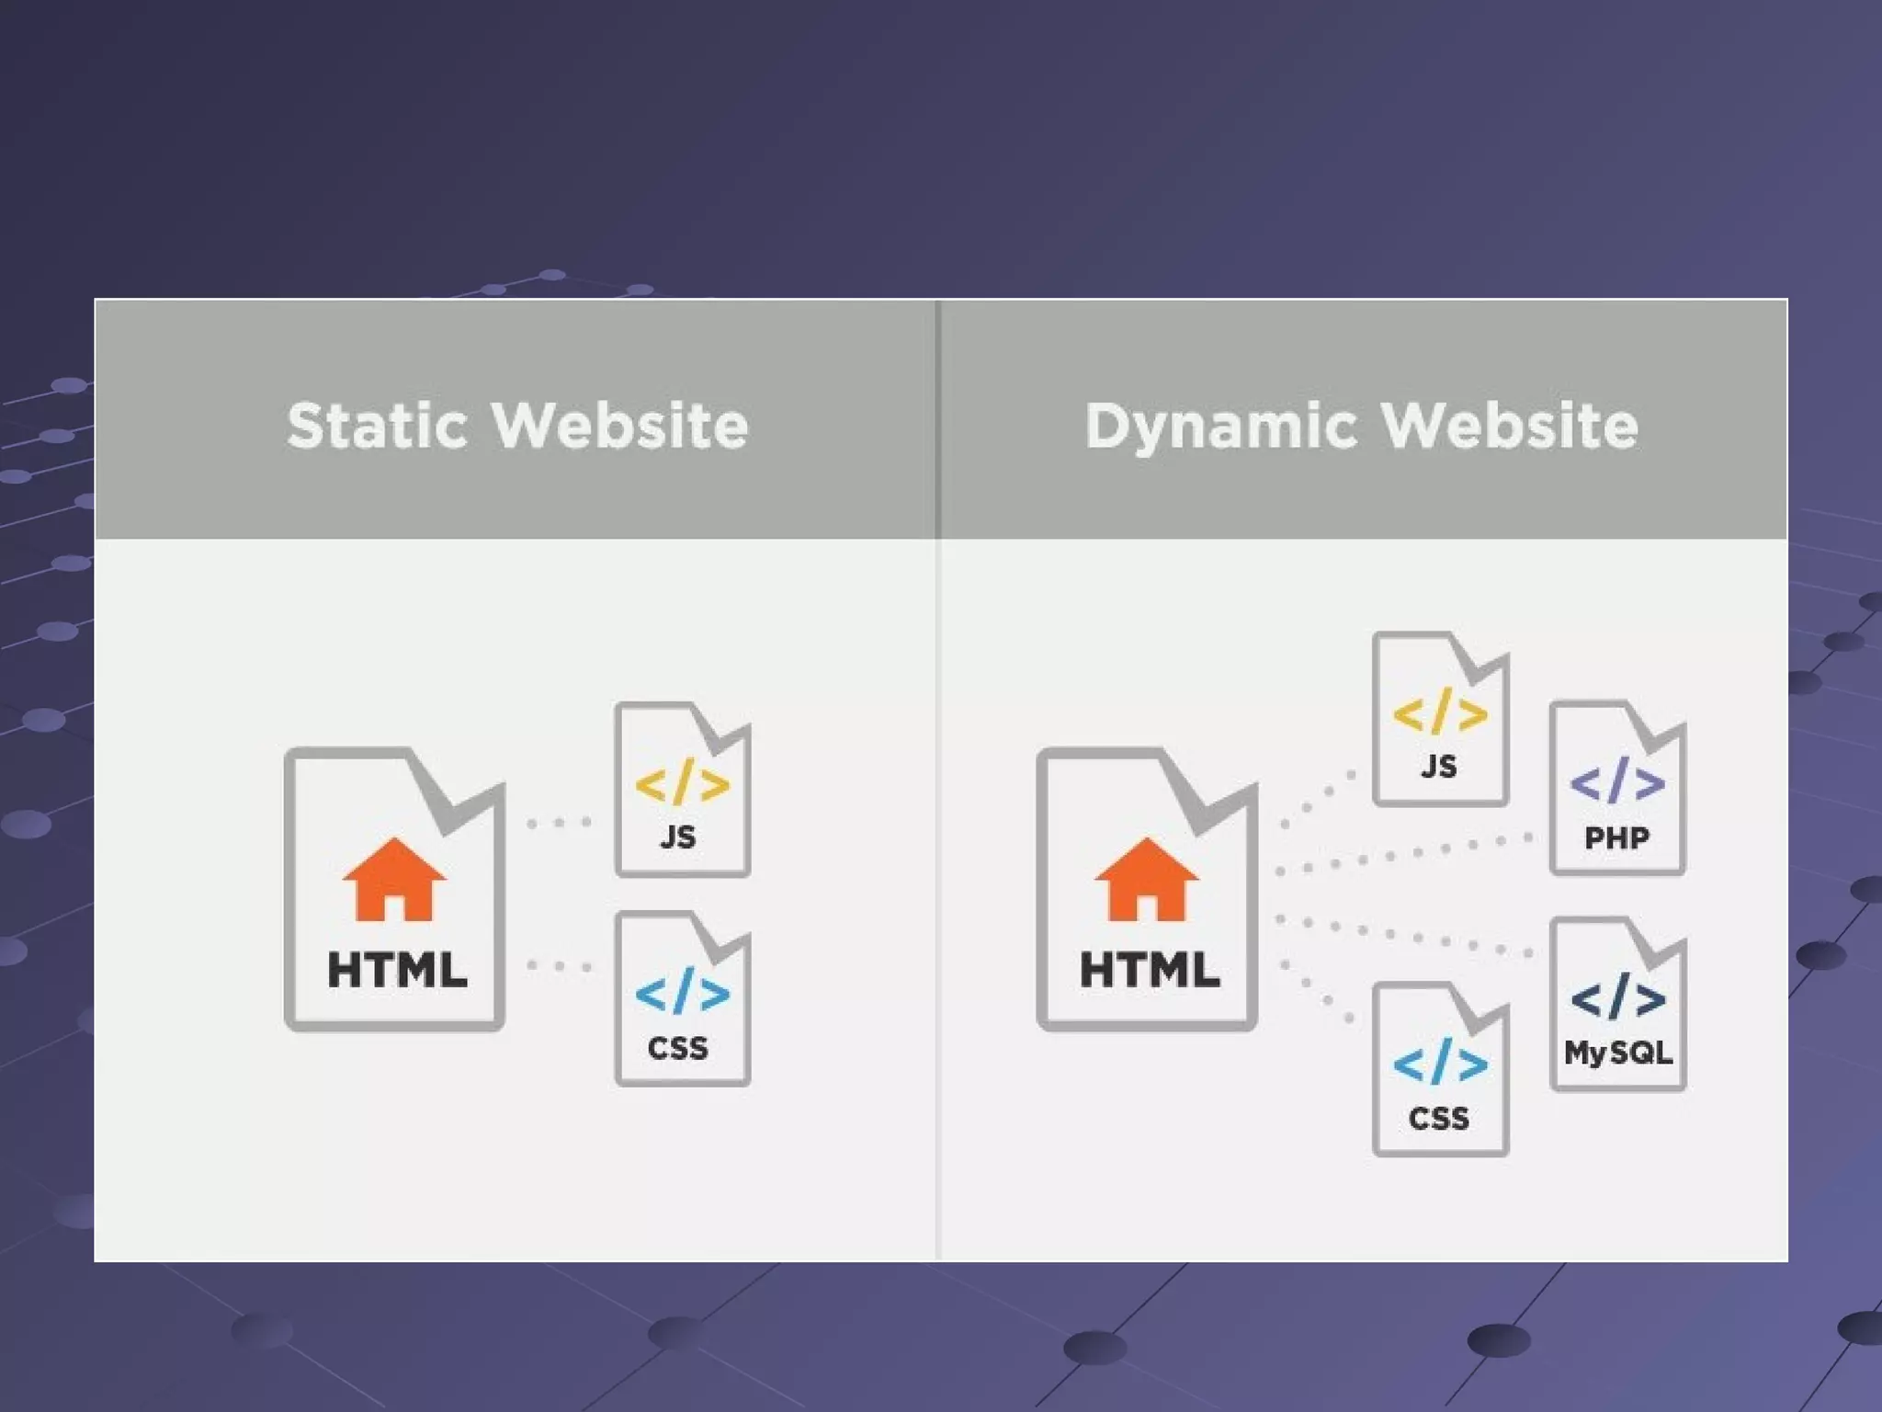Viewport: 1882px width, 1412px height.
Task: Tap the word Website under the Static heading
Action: coord(620,426)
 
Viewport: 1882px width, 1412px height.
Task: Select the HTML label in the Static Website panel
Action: coord(397,970)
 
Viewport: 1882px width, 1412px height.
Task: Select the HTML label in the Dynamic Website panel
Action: coord(1149,970)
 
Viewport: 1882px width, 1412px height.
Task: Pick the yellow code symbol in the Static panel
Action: coord(682,783)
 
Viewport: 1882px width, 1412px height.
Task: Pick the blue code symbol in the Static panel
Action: coord(682,992)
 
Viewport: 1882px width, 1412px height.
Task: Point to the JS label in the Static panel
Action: coord(678,837)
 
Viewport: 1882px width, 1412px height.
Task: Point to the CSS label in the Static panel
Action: coord(678,1048)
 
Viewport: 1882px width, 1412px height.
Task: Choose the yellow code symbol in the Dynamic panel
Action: coord(1440,712)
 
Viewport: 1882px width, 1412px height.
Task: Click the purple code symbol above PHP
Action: coord(1617,781)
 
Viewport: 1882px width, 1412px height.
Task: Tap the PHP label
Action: coord(1617,837)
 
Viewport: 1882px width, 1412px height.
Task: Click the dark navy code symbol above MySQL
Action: coord(1617,997)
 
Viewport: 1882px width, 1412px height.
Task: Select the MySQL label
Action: coord(1618,1053)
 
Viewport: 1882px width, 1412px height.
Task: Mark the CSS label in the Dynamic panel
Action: coord(1439,1119)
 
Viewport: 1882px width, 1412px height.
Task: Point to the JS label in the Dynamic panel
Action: coord(1439,766)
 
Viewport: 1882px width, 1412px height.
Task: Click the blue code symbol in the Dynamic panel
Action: coord(1440,1063)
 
